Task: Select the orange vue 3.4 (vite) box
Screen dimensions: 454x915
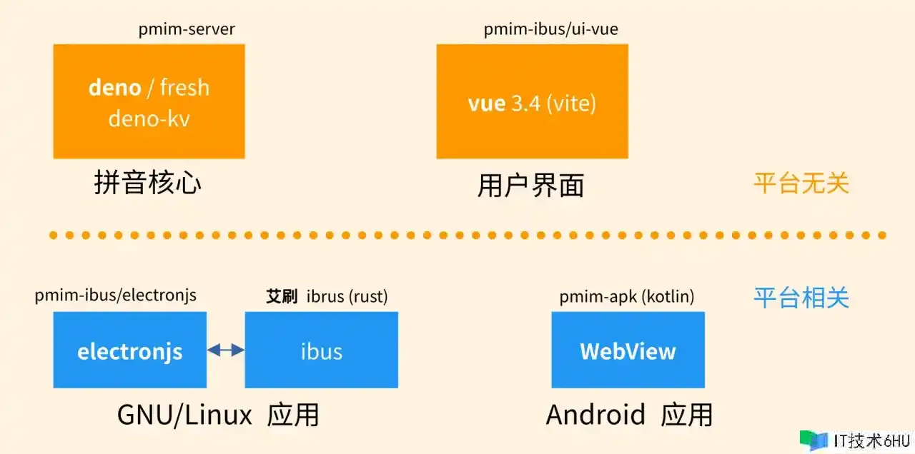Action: point(532,101)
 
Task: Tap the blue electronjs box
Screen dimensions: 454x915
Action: point(129,350)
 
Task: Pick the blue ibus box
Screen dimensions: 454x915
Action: point(321,350)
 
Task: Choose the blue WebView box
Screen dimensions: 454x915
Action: point(628,350)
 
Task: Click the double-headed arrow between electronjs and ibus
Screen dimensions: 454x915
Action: point(225,350)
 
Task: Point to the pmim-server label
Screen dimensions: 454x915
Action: point(187,29)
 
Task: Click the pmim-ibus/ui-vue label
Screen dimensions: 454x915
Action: point(550,29)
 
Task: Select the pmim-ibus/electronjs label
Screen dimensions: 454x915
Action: point(115,295)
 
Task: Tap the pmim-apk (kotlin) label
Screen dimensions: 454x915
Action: point(627,296)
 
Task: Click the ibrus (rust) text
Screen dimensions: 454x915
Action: point(347,296)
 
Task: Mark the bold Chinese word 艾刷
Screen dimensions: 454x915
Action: point(282,296)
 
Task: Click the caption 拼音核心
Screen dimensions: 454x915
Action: point(148,183)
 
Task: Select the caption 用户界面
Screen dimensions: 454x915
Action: point(530,185)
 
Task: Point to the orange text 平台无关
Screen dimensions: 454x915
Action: point(801,183)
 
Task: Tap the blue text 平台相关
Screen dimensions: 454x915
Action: point(801,297)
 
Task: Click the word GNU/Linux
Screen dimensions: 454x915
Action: point(184,414)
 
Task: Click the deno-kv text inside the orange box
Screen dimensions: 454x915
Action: point(149,118)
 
